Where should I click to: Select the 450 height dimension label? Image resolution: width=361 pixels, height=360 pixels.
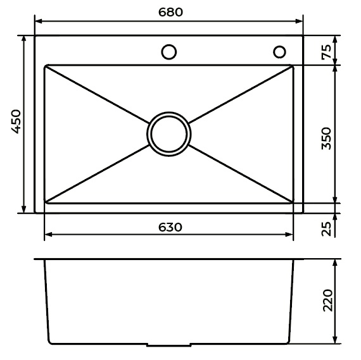click(x=15, y=123)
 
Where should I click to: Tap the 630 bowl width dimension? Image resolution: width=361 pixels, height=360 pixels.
click(x=168, y=227)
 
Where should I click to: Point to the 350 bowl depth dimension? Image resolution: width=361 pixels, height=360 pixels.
click(x=327, y=138)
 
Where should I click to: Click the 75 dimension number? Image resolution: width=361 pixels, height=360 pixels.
click(x=327, y=52)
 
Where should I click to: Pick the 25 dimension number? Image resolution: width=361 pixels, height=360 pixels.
click(x=327, y=228)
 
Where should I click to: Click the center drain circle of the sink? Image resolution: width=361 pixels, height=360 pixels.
click(x=168, y=134)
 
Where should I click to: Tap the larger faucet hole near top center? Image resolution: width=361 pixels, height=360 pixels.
click(x=168, y=52)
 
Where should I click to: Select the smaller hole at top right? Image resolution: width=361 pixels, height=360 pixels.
click(x=279, y=51)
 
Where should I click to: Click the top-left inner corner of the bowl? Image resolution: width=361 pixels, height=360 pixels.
click(x=45, y=66)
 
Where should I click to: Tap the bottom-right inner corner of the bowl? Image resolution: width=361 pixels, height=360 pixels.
click(x=293, y=204)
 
